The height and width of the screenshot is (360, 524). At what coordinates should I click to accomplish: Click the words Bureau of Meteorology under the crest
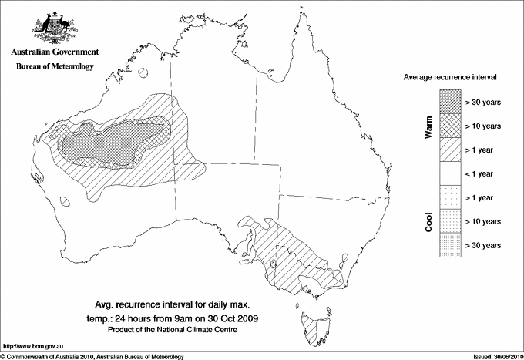pyautogui.click(x=54, y=67)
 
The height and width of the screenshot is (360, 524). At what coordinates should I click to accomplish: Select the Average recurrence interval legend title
pyautogui.click(x=450, y=78)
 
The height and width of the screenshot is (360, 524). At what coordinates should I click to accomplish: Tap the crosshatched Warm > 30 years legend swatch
pyautogui.click(x=451, y=101)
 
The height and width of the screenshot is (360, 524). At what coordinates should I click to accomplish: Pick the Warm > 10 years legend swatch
pyautogui.click(x=451, y=125)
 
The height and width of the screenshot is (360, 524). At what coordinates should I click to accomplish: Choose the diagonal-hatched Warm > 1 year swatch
pyautogui.click(x=451, y=149)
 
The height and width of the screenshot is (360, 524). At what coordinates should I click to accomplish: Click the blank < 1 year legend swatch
pyautogui.click(x=451, y=173)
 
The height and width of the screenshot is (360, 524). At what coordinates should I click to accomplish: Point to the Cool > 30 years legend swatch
pyautogui.click(x=451, y=245)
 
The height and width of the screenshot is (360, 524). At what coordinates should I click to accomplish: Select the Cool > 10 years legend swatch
pyautogui.click(x=451, y=221)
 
